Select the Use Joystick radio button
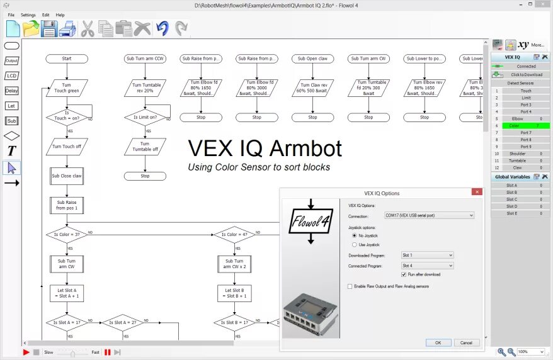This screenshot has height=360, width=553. tap(355, 244)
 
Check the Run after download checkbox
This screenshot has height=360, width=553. tap(404, 274)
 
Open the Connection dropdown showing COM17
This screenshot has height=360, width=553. tap(429, 215)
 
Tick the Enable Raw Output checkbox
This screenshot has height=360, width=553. tap(350, 286)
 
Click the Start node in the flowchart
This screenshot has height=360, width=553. tap(67, 59)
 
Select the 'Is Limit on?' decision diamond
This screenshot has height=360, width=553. tap(145, 118)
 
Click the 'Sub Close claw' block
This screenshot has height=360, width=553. tap(66, 176)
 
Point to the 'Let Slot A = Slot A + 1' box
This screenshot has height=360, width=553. tap(66, 293)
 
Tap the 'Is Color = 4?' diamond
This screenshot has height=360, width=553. tap(234, 235)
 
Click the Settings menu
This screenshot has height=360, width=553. tap(28, 14)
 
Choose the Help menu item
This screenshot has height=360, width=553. tap(60, 14)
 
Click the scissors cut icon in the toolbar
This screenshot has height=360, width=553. tap(88, 28)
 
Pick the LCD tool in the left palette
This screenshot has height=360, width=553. tap(11, 76)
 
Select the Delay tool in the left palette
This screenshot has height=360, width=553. tap(11, 91)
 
